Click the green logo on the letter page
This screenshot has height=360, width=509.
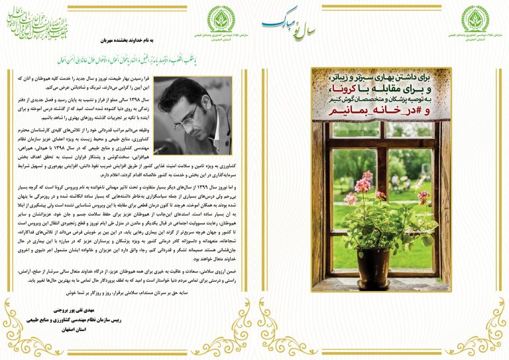tap(221, 18)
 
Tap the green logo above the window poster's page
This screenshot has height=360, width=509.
tap(475, 18)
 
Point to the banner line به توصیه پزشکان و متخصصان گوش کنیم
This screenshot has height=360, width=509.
tap(380, 104)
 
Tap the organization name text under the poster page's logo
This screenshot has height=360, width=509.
tap(475, 38)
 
